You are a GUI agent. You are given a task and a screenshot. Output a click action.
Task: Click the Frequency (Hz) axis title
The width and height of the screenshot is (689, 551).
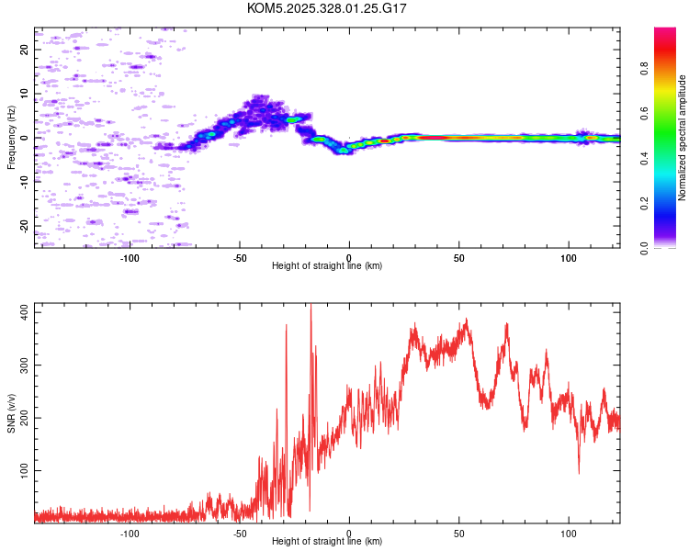tap(11, 138)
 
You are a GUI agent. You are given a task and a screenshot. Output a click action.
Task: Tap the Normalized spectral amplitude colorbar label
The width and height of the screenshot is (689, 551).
tap(683, 138)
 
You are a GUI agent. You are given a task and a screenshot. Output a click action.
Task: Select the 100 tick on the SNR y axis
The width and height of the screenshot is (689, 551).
tap(25, 470)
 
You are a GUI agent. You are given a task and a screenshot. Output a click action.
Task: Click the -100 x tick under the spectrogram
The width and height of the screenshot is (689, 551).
tap(130, 257)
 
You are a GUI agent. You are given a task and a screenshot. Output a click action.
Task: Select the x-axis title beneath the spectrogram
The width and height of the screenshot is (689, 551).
tap(327, 266)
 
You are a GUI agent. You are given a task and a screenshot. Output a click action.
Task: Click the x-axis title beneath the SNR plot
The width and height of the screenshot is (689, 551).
tap(327, 542)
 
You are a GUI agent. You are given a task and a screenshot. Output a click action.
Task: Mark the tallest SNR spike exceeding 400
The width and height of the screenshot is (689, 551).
tap(311, 306)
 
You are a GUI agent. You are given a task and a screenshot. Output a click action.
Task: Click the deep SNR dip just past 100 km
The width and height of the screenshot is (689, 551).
tap(579, 472)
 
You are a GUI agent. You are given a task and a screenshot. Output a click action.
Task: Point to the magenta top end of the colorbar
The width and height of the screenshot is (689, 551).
tap(665, 30)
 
